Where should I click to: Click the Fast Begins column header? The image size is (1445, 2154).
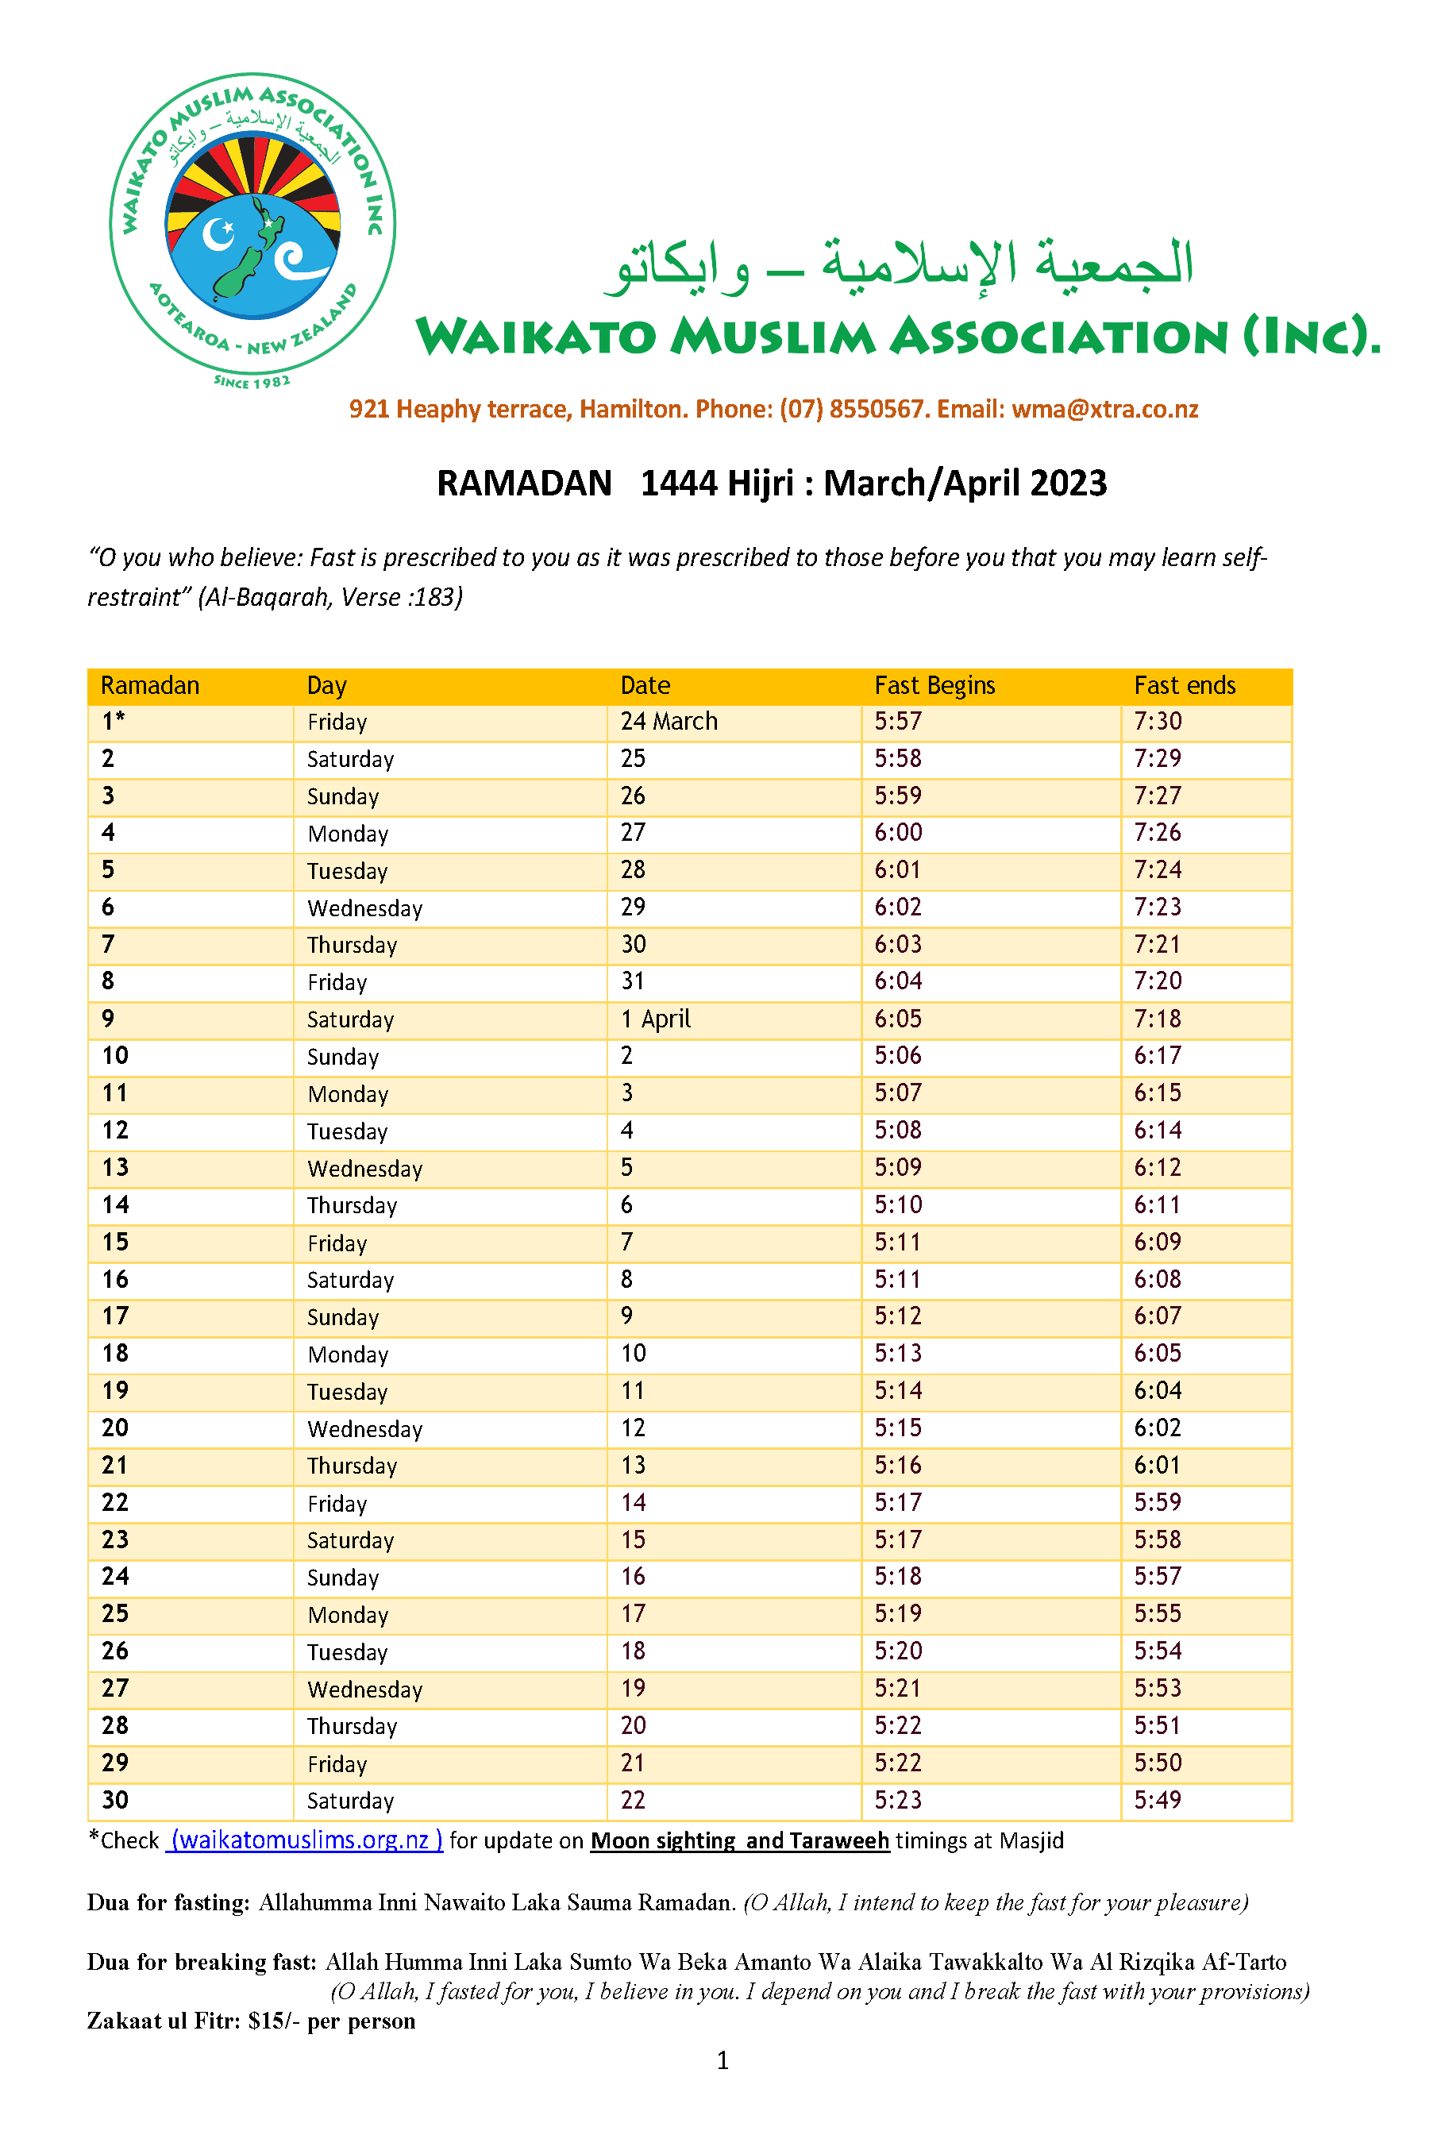[934, 685]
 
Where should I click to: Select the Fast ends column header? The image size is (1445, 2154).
[1185, 685]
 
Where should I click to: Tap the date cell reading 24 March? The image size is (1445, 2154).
[669, 722]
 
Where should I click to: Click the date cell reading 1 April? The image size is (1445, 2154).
[655, 1019]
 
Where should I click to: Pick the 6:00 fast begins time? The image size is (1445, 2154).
[899, 833]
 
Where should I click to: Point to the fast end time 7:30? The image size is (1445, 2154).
[1158, 722]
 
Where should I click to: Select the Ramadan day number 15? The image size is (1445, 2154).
[115, 1242]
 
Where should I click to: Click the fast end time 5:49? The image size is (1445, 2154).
[1158, 1800]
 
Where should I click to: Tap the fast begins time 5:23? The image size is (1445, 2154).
[899, 1800]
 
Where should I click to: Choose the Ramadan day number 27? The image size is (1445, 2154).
[115, 1689]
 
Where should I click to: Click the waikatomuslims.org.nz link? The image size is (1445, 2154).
[304, 1840]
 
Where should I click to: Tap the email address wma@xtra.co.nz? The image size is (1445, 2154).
[1105, 409]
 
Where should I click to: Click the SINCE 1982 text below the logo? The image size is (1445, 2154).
[252, 381]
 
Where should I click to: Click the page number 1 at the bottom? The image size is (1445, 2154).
[722, 2060]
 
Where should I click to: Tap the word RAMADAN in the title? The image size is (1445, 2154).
[523, 484]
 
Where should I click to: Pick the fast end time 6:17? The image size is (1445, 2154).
[1158, 1056]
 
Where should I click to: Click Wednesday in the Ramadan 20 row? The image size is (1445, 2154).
[365, 1429]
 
